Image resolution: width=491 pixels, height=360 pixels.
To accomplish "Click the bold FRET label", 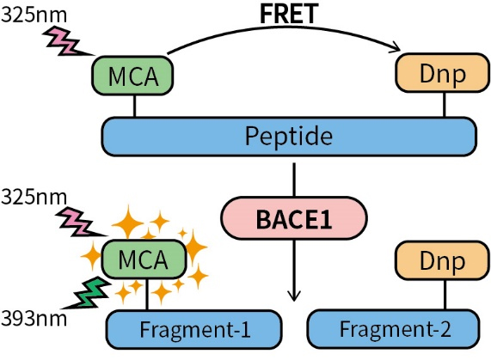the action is point(289,14).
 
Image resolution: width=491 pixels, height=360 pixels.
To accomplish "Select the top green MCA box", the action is point(132,76).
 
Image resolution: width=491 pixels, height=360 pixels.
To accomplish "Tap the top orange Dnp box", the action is point(443,73).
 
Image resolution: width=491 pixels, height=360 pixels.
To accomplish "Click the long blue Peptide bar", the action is point(289,137).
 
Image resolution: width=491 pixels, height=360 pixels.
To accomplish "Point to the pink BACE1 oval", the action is point(294,218).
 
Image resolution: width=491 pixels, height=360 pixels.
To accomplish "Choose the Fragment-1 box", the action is point(194,329).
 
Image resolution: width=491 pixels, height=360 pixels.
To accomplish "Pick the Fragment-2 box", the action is point(394,329).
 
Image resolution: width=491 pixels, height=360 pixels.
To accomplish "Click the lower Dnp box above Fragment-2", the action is point(442,260).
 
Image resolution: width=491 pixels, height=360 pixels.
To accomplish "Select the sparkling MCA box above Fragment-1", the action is point(144,259).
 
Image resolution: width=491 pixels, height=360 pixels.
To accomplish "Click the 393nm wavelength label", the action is point(34,319).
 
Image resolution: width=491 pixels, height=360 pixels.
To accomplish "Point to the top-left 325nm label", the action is point(34,15).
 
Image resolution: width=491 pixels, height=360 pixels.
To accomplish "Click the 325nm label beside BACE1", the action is point(34,198).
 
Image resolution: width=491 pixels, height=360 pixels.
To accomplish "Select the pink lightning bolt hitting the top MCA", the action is point(66,42).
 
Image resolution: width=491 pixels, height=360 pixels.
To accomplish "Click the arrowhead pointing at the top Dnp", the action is point(396,48).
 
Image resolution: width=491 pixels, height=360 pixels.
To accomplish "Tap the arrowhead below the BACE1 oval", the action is point(294,296).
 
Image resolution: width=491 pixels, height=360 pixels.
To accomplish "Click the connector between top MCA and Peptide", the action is point(134,106).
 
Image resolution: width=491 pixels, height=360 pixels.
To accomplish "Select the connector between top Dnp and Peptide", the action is point(444,105).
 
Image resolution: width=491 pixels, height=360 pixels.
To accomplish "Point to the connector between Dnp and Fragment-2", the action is point(445,295).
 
